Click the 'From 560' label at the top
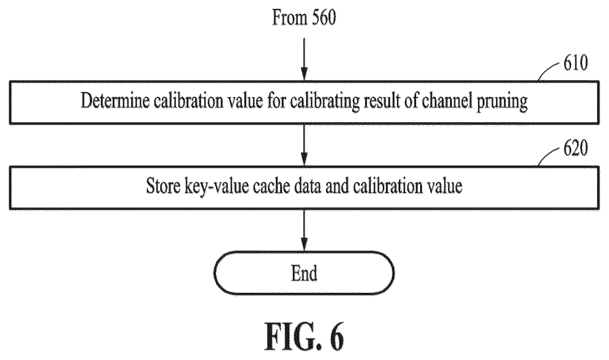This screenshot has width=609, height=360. (x=304, y=18)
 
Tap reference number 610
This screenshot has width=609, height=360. (x=575, y=63)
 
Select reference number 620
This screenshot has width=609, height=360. (x=575, y=148)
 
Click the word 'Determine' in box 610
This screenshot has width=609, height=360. (x=115, y=101)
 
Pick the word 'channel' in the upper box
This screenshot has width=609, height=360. (x=447, y=101)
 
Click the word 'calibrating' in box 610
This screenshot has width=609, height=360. (x=325, y=102)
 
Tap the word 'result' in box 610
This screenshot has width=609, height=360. (x=382, y=101)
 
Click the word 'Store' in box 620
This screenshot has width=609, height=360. (x=163, y=186)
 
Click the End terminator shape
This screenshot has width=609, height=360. (x=304, y=273)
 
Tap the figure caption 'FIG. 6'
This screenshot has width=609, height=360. (x=304, y=336)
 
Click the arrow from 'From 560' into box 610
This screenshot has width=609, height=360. (x=304, y=59)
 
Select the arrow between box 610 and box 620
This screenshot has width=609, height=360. (x=304, y=145)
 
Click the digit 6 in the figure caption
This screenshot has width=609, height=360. (x=337, y=336)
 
